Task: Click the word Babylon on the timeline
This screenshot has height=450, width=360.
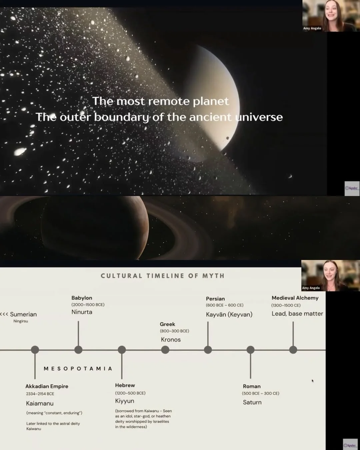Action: (82, 298)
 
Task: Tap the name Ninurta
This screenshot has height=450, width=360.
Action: (82, 312)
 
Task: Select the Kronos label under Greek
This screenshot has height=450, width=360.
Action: (171, 340)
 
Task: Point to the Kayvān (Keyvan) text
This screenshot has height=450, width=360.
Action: (229, 314)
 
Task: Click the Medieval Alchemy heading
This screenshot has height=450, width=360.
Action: (295, 298)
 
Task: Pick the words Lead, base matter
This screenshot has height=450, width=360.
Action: (297, 314)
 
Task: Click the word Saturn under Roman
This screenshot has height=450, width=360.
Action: (252, 402)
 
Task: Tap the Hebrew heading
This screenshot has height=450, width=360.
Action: (125, 385)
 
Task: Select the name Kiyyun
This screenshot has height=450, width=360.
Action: (125, 401)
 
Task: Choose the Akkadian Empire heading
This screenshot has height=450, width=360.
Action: (47, 386)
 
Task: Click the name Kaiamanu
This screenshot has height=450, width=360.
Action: (40, 403)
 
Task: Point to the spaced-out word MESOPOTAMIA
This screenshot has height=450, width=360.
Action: (78, 369)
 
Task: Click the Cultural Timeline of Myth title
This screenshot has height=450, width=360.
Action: (163, 276)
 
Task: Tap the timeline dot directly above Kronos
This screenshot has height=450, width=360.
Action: (165, 350)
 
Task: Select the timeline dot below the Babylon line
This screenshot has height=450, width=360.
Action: (78, 350)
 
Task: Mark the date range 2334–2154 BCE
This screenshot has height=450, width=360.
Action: (40, 394)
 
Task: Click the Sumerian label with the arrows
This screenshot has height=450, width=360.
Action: (19, 314)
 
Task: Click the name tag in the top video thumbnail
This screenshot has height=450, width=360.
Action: (312, 28)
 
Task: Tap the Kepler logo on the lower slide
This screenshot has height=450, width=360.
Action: (350, 445)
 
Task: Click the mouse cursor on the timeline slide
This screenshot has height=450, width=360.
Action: (312, 380)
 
